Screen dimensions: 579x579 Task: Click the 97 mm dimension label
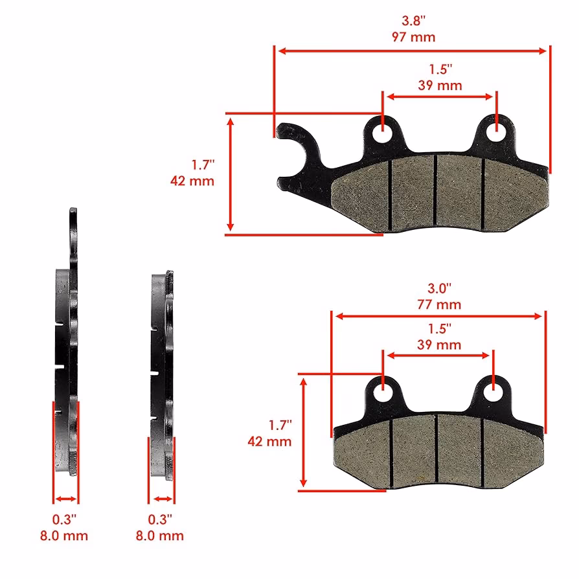(x=413, y=37)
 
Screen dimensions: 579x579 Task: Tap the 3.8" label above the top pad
(x=414, y=21)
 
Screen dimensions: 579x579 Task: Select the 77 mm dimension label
(x=439, y=304)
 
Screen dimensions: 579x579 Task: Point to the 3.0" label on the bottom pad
(x=439, y=288)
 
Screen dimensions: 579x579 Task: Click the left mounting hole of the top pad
(x=383, y=133)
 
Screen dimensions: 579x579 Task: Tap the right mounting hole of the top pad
(x=496, y=132)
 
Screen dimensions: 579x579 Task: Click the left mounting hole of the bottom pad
(x=383, y=393)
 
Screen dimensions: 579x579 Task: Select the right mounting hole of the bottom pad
(x=493, y=392)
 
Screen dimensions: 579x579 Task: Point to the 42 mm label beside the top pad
(x=192, y=181)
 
